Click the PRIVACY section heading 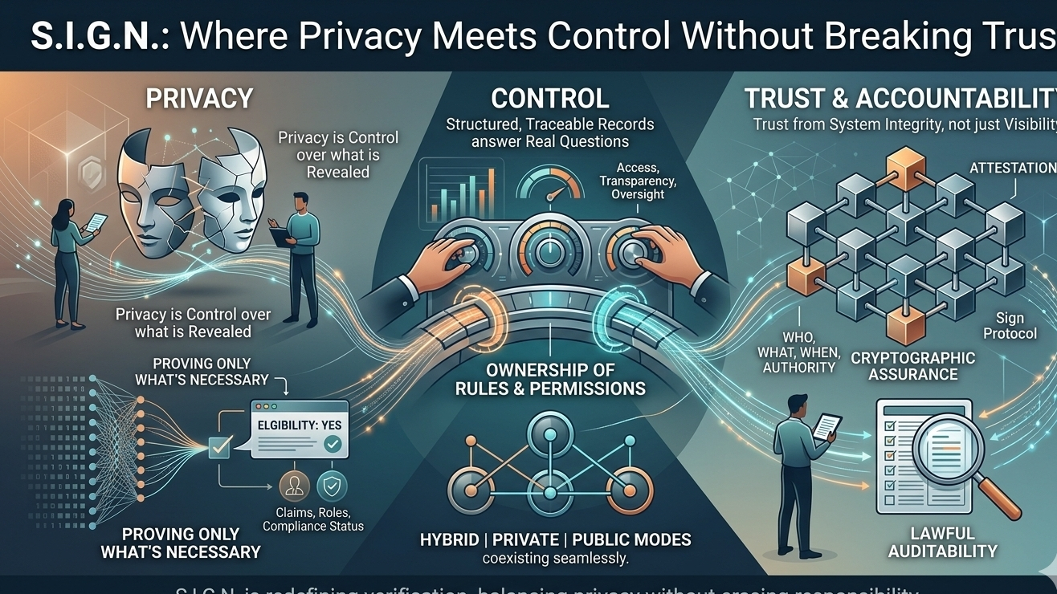[199, 99]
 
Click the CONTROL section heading [550, 99]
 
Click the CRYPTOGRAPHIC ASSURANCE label [913, 366]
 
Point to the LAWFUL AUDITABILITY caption [953, 543]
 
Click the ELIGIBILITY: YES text [294, 424]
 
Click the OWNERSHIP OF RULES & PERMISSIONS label [550, 380]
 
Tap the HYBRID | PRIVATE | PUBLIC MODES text [556, 539]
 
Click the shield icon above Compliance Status [332, 486]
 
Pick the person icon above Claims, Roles [294, 486]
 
